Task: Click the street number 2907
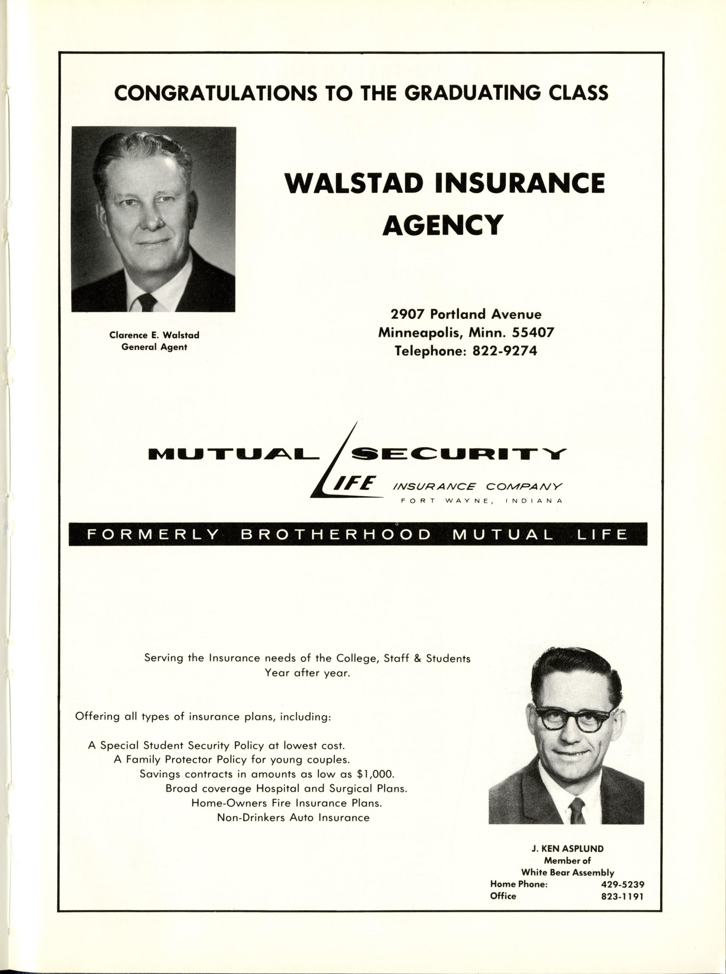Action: (408, 314)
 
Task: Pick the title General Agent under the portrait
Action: (154, 347)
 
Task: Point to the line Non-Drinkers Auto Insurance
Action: (293, 818)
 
